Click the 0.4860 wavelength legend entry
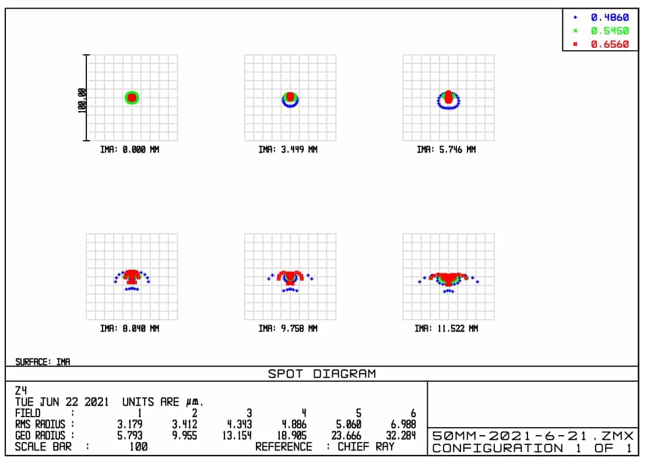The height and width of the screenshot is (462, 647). click(x=610, y=18)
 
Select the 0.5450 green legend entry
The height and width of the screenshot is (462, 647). click(x=610, y=31)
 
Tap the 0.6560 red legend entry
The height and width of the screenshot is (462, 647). click(x=610, y=44)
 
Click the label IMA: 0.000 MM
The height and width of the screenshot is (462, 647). click(x=129, y=150)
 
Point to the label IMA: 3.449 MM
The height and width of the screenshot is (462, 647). click(x=288, y=150)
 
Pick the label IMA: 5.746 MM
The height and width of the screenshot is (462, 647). click(x=446, y=150)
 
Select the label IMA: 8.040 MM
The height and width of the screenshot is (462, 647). click(x=129, y=329)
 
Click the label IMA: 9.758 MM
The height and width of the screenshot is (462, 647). click(x=288, y=329)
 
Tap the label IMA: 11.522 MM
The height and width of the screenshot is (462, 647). click(x=446, y=329)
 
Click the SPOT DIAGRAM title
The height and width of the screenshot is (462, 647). click(x=322, y=374)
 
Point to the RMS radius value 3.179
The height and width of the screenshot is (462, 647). click(x=130, y=424)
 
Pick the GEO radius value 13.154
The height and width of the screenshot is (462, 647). click(x=237, y=435)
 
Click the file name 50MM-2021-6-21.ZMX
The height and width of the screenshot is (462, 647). click(x=532, y=436)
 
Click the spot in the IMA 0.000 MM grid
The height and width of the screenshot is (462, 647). click(x=132, y=98)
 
